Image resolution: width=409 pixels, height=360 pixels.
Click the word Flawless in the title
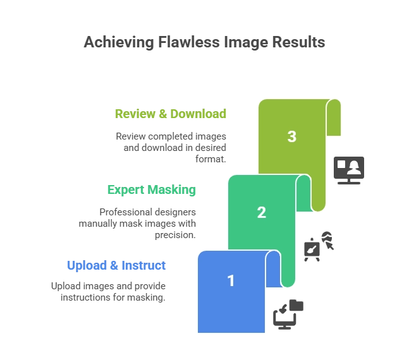(x=188, y=42)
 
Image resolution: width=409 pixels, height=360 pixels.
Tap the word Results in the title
(x=298, y=42)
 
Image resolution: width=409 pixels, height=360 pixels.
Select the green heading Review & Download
(x=171, y=114)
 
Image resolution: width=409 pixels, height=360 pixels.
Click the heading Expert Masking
(x=152, y=189)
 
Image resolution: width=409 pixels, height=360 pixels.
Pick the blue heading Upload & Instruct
(x=116, y=266)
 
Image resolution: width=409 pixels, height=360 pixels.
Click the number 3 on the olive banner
(x=292, y=136)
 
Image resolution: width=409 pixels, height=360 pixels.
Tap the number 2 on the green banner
(x=262, y=212)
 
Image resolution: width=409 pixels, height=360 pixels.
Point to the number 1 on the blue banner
(x=231, y=281)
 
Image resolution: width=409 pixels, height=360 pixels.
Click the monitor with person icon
(x=349, y=171)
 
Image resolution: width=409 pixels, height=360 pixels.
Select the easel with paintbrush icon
(x=312, y=249)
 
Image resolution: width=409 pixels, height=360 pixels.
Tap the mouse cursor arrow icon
(x=330, y=246)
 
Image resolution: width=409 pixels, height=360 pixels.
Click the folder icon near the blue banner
(x=296, y=305)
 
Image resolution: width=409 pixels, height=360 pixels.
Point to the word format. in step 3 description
(x=211, y=159)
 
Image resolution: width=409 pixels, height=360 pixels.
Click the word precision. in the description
(x=175, y=235)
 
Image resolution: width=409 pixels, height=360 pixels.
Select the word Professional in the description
(x=123, y=212)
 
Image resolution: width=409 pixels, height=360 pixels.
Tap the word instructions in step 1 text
(x=86, y=297)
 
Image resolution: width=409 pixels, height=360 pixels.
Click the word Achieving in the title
(x=119, y=42)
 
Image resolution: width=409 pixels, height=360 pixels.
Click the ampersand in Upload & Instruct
(x=114, y=266)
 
